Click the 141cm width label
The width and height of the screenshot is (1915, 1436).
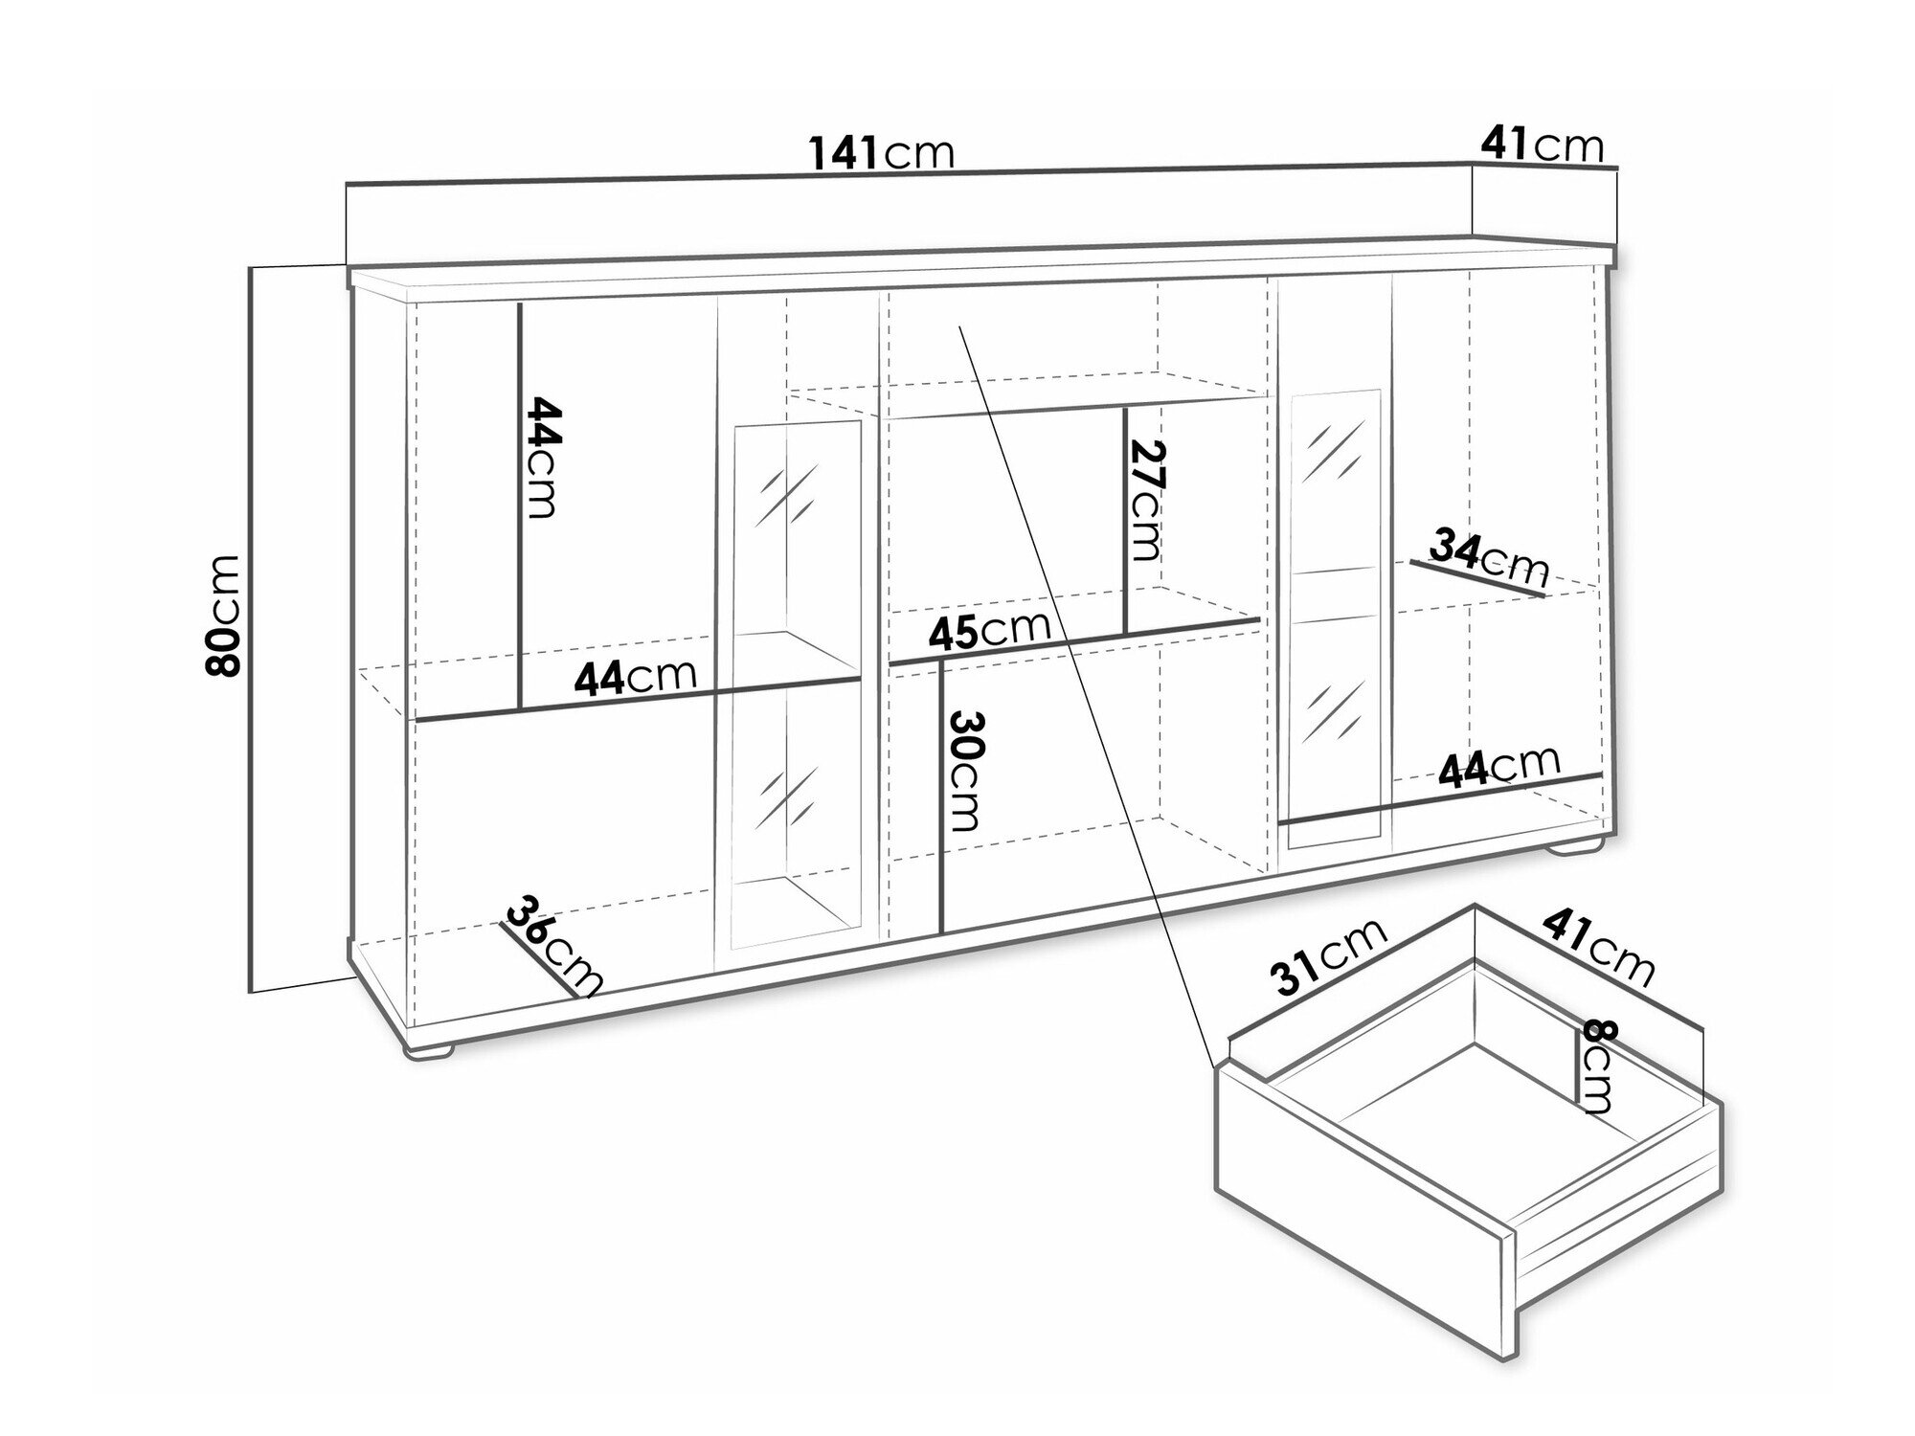pyautogui.click(x=882, y=152)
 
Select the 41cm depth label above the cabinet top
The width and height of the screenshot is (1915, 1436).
pyautogui.click(x=1543, y=145)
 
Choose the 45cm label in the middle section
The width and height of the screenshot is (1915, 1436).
pyautogui.click(x=989, y=630)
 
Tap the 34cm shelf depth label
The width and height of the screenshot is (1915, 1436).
pyautogui.click(x=1489, y=557)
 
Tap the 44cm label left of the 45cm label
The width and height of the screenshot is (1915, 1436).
pyautogui.click(x=635, y=676)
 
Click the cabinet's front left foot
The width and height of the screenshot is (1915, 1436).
pyautogui.click(x=428, y=1051)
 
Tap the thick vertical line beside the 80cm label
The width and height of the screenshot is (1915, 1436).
pyautogui.click(x=251, y=628)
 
